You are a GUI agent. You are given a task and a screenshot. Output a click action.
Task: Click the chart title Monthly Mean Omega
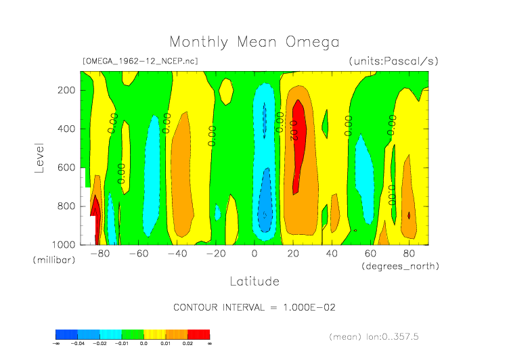point(255,43)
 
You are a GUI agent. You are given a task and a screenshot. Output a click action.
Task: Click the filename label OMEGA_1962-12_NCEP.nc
point(140,61)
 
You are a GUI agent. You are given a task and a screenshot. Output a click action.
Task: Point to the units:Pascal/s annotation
point(394,61)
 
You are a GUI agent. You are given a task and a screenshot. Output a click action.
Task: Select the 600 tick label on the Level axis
point(66,167)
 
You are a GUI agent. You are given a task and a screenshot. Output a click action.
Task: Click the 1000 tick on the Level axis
point(64,244)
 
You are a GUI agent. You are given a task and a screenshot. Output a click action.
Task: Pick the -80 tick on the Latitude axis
point(99,254)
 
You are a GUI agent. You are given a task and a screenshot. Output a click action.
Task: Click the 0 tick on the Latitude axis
point(255,254)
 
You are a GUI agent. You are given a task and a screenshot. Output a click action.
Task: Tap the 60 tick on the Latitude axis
point(370,254)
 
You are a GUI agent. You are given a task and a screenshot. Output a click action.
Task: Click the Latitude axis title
point(255,281)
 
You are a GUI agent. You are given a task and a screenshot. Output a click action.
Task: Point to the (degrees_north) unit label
point(400,266)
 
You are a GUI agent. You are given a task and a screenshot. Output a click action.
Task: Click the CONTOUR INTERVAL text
point(255,307)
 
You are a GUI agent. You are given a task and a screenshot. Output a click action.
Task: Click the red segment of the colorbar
point(198,334)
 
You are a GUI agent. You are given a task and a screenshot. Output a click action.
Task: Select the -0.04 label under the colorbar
point(78,343)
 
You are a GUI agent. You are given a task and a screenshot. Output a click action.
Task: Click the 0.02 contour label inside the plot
point(293,130)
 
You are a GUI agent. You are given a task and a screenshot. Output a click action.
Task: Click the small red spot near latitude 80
point(409,215)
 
